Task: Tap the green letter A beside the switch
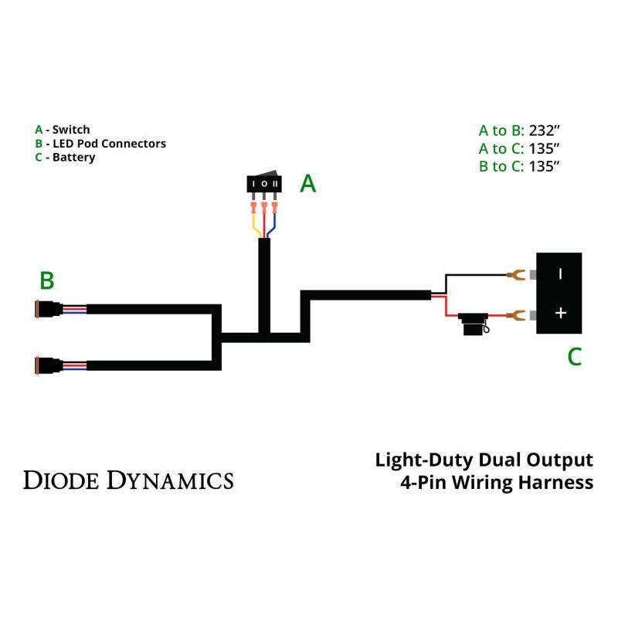(x=307, y=184)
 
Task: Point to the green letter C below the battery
(x=574, y=357)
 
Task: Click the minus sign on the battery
(x=560, y=273)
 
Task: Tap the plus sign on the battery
(x=561, y=313)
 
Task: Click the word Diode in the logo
(x=61, y=480)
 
